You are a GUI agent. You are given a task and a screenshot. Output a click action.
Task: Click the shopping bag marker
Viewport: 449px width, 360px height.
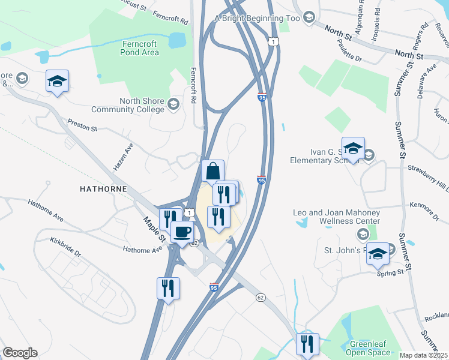coord(212,171)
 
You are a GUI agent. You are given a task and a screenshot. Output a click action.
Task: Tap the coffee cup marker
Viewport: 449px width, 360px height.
coord(182,232)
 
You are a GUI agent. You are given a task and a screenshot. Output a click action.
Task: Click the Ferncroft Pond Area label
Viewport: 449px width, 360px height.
coord(132,48)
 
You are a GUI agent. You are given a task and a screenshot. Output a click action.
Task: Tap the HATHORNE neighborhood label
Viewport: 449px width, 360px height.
coord(103,188)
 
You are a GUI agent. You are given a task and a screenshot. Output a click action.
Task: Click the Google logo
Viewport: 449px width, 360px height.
coord(20,353)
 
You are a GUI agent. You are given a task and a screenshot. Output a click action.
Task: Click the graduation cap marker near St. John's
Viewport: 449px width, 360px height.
coord(378,254)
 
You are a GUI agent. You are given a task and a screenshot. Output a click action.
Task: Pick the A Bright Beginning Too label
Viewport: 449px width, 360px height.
coord(257,18)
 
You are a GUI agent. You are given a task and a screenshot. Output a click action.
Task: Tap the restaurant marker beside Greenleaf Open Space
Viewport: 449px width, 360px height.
coord(307,344)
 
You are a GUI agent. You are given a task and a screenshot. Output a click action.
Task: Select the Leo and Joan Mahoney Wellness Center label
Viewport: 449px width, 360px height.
coord(336,217)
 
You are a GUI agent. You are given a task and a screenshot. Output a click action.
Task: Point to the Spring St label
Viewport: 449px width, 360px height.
coord(390,273)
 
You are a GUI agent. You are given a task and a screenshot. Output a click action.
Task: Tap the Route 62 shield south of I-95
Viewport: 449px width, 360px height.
coord(261,297)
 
